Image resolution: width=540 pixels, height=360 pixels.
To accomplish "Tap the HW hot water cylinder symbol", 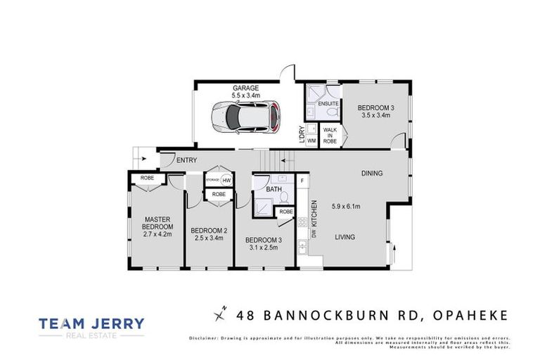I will point(225,181).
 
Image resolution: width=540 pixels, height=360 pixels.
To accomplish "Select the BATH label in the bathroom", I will point(275,190).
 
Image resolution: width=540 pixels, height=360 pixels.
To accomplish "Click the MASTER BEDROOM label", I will point(157,223).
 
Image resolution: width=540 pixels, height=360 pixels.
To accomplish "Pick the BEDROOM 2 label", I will point(209,231).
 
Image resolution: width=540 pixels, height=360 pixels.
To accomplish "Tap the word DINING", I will point(373,173).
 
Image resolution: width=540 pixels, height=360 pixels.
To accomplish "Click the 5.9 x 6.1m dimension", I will point(345,206).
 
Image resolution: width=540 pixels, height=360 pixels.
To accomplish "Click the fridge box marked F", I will point(302,181).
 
